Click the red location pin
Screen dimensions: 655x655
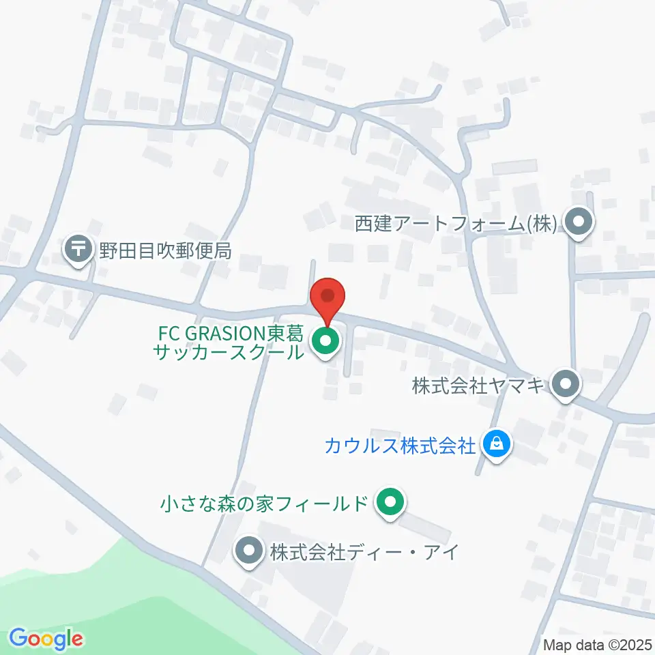click(327, 299)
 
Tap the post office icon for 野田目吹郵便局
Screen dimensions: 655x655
click(79, 249)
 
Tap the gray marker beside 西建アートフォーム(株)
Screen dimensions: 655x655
click(579, 222)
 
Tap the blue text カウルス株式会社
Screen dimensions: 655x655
click(400, 447)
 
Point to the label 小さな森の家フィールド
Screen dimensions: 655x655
click(264, 505)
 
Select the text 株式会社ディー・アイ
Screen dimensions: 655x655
click(362, 552)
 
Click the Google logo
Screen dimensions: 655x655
click(46, 639)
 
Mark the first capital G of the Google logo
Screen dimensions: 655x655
click(19, 639)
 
